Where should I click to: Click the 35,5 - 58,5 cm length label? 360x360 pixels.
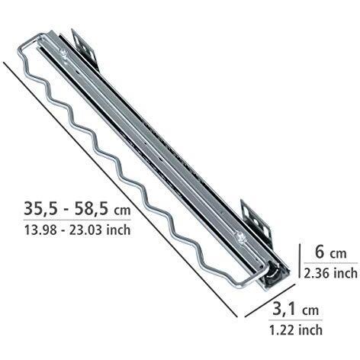pyautogui.click(x=77, y=209)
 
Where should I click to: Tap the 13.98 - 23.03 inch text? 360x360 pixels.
pyautogui.click(x=77, y=230)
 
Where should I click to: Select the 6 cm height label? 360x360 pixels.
pyautogui.click(x=330, y=252)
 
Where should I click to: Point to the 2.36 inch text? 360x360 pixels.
pyautogui.click(x=330, y=273)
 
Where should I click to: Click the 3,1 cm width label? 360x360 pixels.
pyautogui.click(x=296, y=310)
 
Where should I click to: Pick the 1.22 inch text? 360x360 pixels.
pyautogui.click(x=296, y=330)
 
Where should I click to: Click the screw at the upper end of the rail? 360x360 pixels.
pyautogui.click(x=63, y=53)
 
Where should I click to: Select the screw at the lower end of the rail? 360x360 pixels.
pyautogui.click(x=239, y=236)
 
